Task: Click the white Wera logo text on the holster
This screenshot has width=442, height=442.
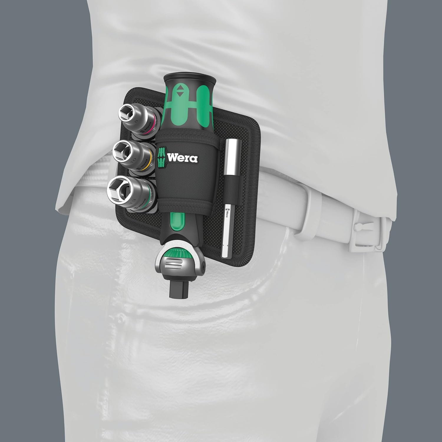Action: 182,158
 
